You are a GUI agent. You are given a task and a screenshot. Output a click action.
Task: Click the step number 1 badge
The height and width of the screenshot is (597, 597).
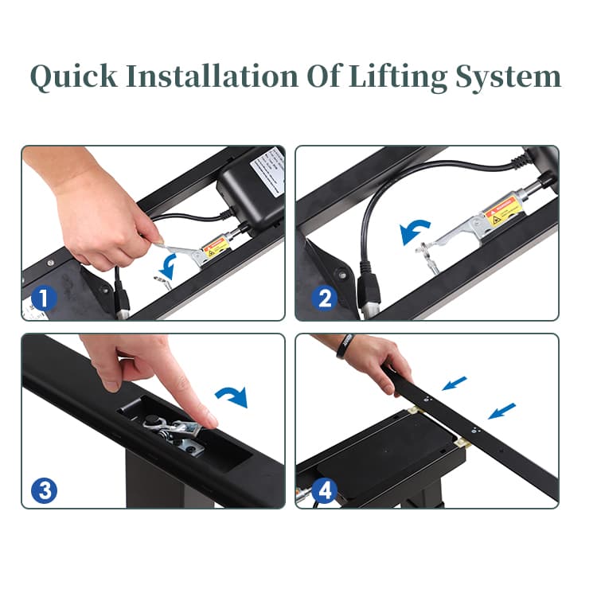click(43, 299)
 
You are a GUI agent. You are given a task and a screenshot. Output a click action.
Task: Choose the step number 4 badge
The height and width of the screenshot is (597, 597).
click(324, 491)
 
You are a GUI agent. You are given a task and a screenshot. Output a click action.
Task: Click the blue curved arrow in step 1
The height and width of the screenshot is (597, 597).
click(168, 266)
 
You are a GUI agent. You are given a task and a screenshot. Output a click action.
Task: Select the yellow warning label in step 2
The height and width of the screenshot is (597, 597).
click(503, 213)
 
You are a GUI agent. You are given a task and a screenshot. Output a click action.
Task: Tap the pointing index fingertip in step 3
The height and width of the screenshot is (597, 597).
click(208, 419)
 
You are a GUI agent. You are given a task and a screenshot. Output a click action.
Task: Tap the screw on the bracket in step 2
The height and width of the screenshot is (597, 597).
click(343, 274)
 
